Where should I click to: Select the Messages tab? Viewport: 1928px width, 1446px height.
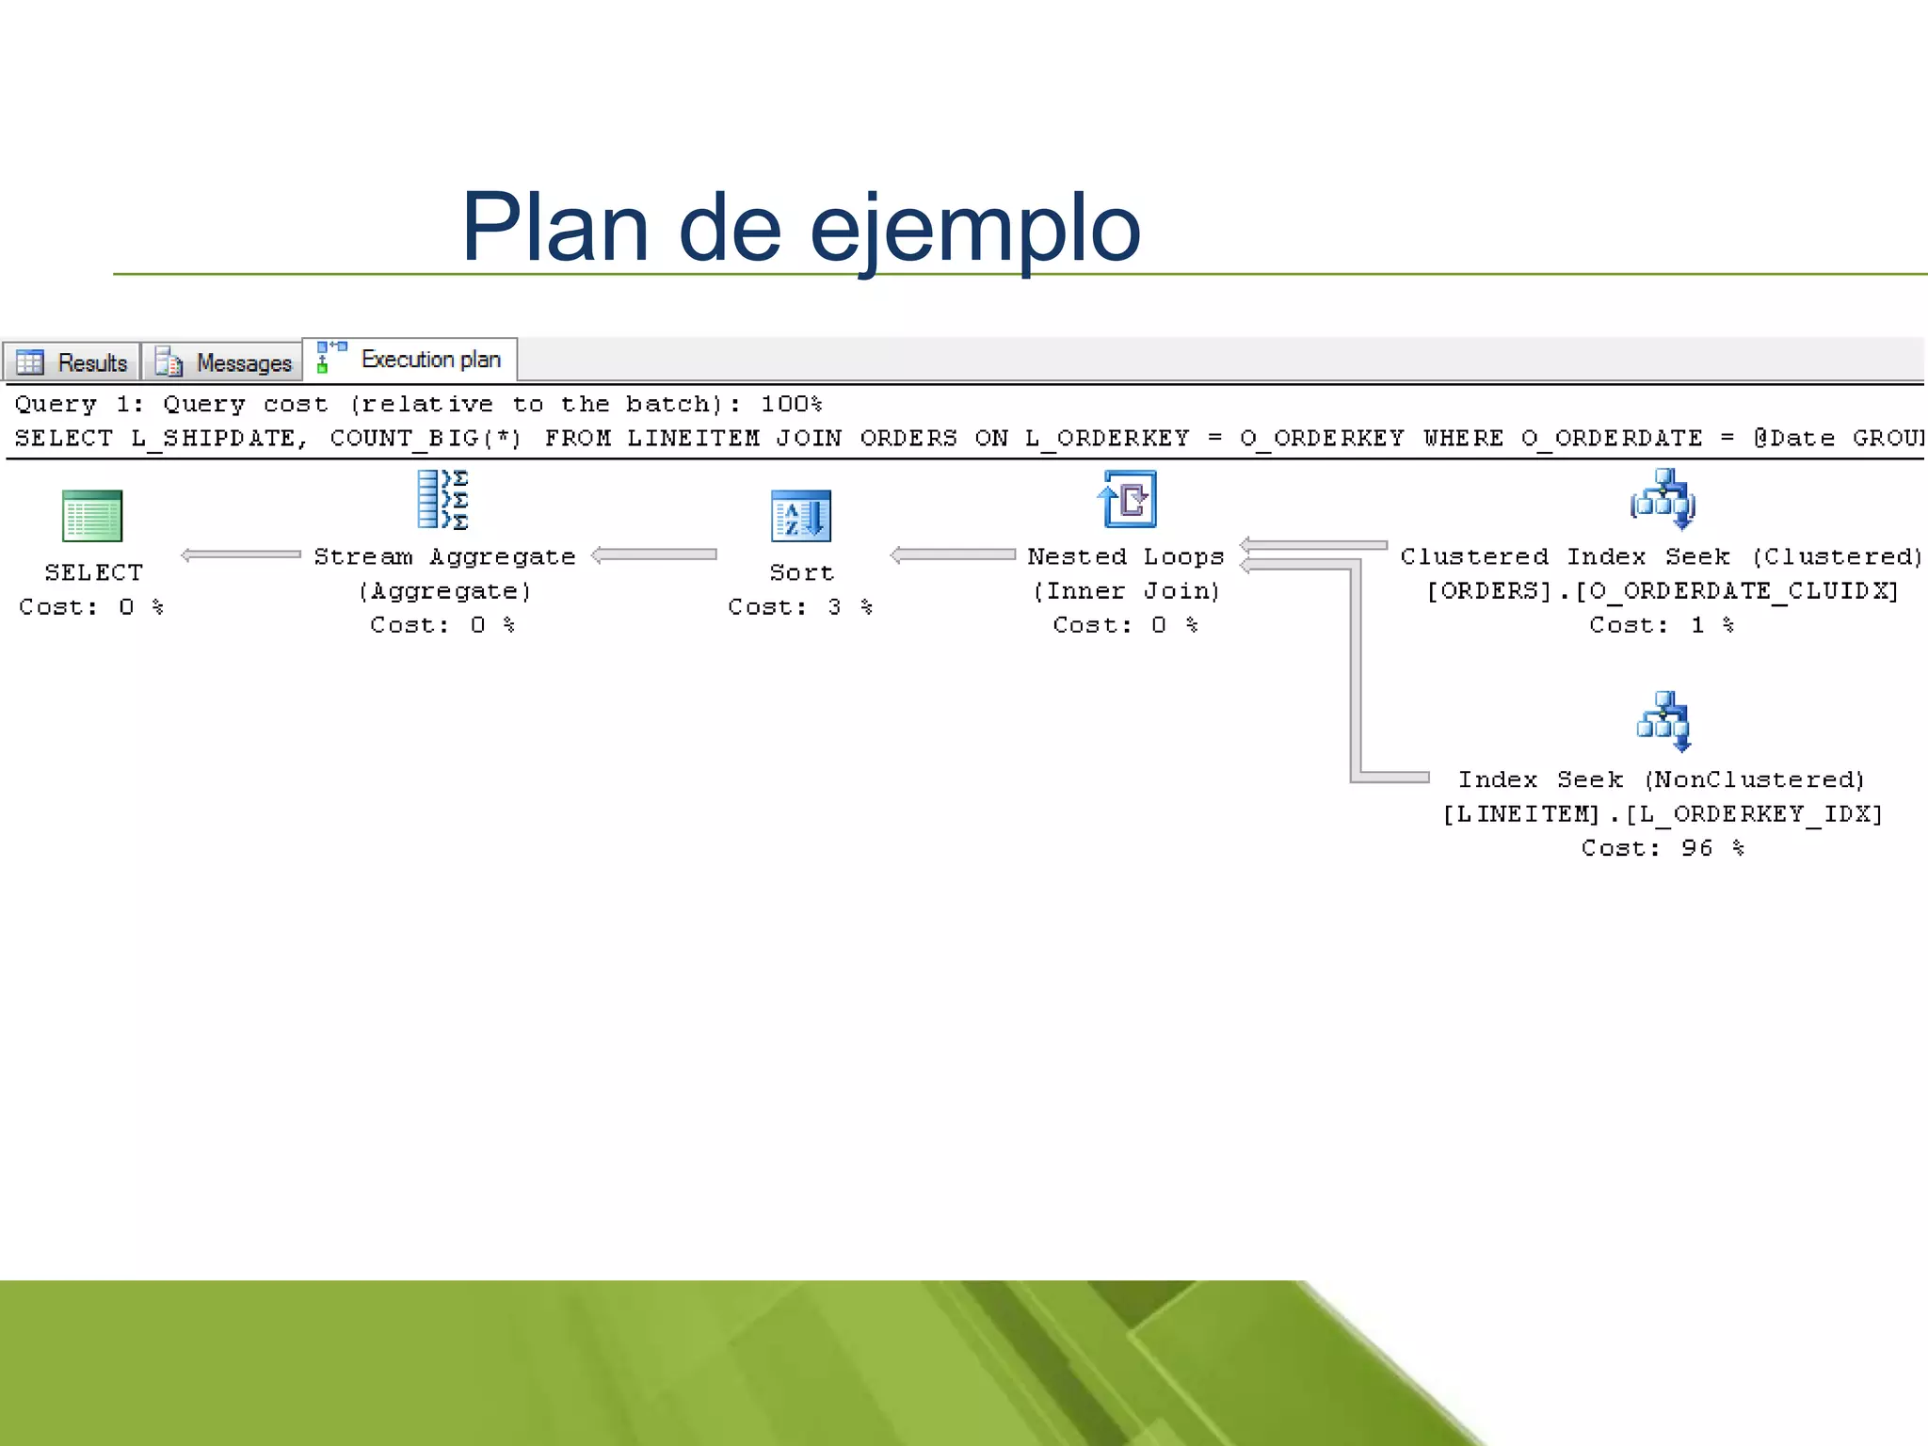pos(223,362)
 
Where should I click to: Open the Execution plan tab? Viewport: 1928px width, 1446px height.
pos(410,360)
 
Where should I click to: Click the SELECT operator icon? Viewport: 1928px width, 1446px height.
pos(92,516)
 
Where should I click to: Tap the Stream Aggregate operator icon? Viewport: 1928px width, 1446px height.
pos(443,499)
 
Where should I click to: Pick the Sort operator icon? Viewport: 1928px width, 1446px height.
pos(800,516)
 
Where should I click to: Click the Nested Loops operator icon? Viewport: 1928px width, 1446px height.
pos(1127,499)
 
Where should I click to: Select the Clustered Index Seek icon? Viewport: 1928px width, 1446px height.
pos(1663,499)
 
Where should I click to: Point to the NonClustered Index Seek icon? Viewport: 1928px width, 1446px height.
pos(1663,721)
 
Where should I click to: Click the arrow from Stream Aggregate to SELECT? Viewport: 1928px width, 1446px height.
pos(241,554)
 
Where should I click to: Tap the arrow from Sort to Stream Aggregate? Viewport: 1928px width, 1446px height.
pos(654,554)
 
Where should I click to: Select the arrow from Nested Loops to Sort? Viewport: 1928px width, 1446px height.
pos(953,554)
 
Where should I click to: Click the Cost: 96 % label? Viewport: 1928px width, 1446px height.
pos(1663,848)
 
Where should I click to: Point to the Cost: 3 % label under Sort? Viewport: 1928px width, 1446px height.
pos(800,607)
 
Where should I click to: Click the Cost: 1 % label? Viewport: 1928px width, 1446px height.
pos(1662,625)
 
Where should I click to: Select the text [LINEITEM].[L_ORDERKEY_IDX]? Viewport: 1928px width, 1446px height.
pos(1663,814)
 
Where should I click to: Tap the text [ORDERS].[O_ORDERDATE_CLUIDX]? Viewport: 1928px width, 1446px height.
pos(1663,591)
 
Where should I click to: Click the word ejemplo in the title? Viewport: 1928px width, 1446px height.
pos(974,228)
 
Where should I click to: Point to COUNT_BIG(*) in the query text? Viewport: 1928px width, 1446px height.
pos(426,439)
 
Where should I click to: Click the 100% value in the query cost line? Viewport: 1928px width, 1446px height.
pos(791,404)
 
